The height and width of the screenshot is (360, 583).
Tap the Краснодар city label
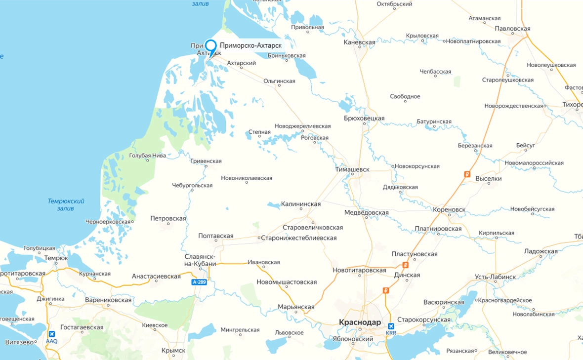coord(360,322)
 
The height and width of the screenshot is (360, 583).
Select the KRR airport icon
coord(391,326)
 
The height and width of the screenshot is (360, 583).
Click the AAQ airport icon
coord(52,334)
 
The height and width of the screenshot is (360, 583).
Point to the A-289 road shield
coord(199,282)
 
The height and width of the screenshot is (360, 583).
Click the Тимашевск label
coord(352,169)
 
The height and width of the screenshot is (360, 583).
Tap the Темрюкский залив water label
coord(66,204)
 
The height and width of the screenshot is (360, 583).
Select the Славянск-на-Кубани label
coord(200,260)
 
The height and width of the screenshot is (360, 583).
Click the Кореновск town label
coord(449,209)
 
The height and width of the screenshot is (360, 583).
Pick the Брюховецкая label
coord(364,119)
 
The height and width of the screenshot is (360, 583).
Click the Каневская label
coord(359,42)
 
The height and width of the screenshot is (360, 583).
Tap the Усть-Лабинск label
coord(495,277)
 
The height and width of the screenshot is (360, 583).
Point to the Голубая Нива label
coord(148,156)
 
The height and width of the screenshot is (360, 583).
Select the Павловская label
coord(512,29)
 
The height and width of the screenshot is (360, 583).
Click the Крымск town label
coord(173,351)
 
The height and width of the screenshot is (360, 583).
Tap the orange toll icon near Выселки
coord(467,174)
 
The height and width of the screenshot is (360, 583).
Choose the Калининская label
coord(300,204)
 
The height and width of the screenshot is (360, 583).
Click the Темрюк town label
coord(56,258)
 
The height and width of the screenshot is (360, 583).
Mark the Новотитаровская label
coord(359,270)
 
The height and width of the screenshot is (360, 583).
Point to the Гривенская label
coord(206,161)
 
